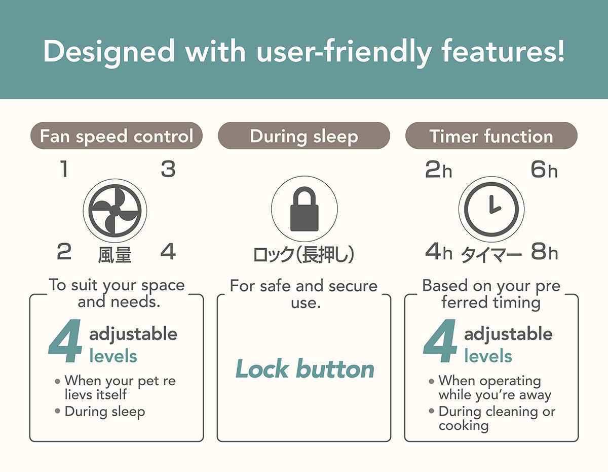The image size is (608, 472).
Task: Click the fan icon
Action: pos(115,211)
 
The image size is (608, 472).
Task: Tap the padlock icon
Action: pos(305,209)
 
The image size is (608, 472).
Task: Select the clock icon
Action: pos(491,210)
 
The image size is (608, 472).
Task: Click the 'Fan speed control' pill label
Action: pos(117,136)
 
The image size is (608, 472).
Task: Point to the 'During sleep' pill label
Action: pos(304,136)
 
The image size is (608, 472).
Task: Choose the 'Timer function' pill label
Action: pos(491,136)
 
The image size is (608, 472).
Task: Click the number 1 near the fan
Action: pos(64,168)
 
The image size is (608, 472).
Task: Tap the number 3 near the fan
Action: pos(168,169)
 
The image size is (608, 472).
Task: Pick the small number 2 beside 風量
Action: pos(64,251)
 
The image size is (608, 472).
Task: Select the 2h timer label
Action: pos(438,170)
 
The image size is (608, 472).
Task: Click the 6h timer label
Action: pos(544,170)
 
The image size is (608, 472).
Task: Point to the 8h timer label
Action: pos(544,251)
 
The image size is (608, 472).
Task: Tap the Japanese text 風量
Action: pos(115,255)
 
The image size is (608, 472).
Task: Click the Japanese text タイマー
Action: pos(491,255)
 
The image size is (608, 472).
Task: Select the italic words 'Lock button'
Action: pos(305,368)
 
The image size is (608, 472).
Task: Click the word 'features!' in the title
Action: pos(503,51)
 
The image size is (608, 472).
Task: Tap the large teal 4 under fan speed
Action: pos(65,341)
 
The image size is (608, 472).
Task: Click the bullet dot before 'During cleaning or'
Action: pos(431,411)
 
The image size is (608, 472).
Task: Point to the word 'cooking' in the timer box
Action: pos(464,425)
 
